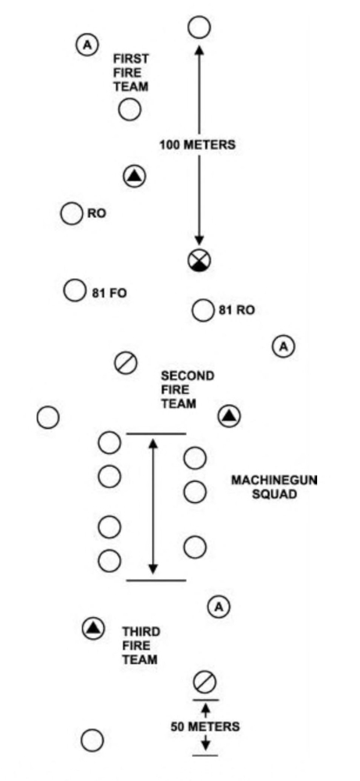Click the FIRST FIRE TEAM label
(x=131, y=72)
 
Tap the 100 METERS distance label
(x=198, y=144)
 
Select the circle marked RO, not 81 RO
(x=72, y=212)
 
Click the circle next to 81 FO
(x=74, y=291)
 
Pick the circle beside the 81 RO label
(x=203, y=310)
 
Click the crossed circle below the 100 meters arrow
(x=199, y=261)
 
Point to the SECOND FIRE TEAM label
(x=187, y=390)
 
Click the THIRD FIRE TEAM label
(x=141, y=644)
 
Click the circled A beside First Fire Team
(x=86, y=45)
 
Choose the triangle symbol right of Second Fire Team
(x=229, y=416)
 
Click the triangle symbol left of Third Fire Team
(x=94, y=626)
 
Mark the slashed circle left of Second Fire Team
(x=127, y=362)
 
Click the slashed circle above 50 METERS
(x=205, y=681)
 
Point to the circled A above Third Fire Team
(x=219, y=605)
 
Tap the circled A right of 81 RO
(x=283, y=344)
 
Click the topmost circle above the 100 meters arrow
(x=199, y=27)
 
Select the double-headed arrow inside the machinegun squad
(x=153, y=507)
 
